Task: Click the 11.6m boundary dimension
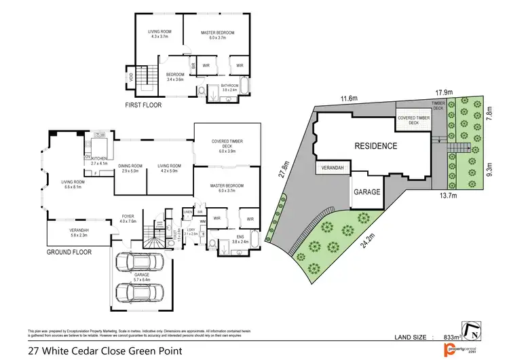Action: [x=349, y=99]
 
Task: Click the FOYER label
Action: [x=128, y=217]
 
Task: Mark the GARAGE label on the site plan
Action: [x=366, y=192]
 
